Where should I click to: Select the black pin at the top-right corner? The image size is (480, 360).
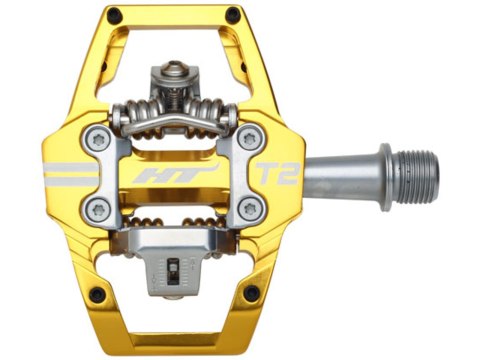click(x=234, y=14)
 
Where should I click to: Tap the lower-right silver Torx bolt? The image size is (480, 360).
click(x=249, y=209)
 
